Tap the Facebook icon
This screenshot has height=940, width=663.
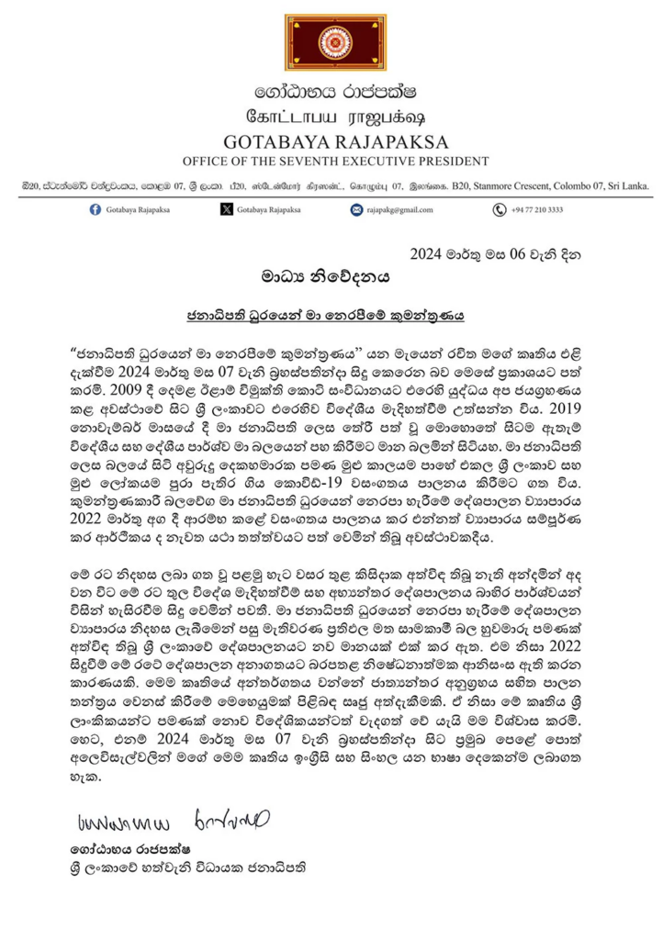click(96, 209)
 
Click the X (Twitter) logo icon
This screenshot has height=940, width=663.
click(227, 209)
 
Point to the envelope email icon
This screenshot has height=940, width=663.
click(356, 209)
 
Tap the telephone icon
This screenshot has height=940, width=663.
click(499, 209)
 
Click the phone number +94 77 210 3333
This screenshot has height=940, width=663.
click(537, 210)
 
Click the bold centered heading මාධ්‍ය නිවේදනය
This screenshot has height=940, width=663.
click(331, 274)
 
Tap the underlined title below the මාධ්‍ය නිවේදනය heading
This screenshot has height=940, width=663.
click(331, 314)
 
